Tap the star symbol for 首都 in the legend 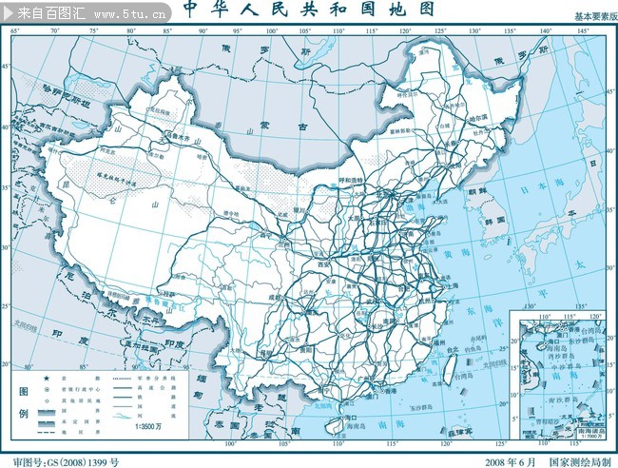pos(45,379)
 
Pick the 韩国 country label pos(492,220)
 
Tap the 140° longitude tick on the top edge pos(545,31)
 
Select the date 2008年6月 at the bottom pos(509,461)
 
